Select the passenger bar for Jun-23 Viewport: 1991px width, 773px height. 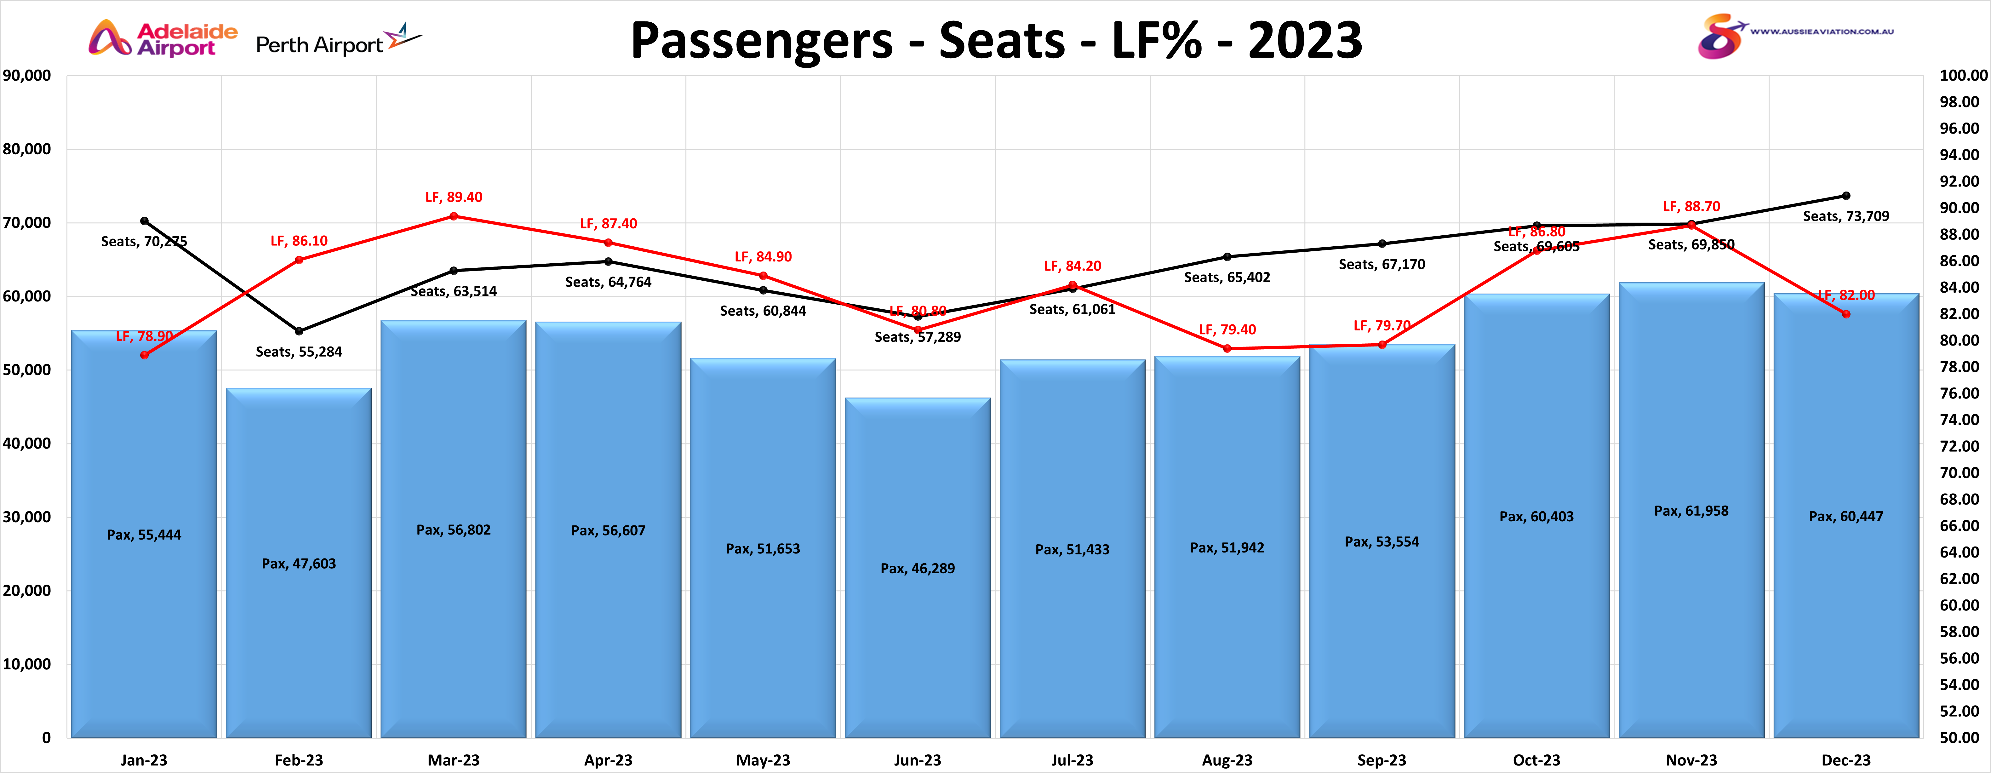(x=918, y=568)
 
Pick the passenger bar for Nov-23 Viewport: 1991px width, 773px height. (x=1691, y=510)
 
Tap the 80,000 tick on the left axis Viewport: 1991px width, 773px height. (x=27, y=149)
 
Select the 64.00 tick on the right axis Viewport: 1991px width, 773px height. (x=1959, y=552)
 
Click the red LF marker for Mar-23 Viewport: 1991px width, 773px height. (x=454, y=216)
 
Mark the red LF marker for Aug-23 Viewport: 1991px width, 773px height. (x=1227, y=349)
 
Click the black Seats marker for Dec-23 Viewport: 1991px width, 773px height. (x=1846, y=196)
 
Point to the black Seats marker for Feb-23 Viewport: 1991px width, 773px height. (x=299, y=331)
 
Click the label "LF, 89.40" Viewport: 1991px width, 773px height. (x=454, y=197)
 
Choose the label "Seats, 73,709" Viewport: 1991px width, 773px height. (x=1846, y=216)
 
